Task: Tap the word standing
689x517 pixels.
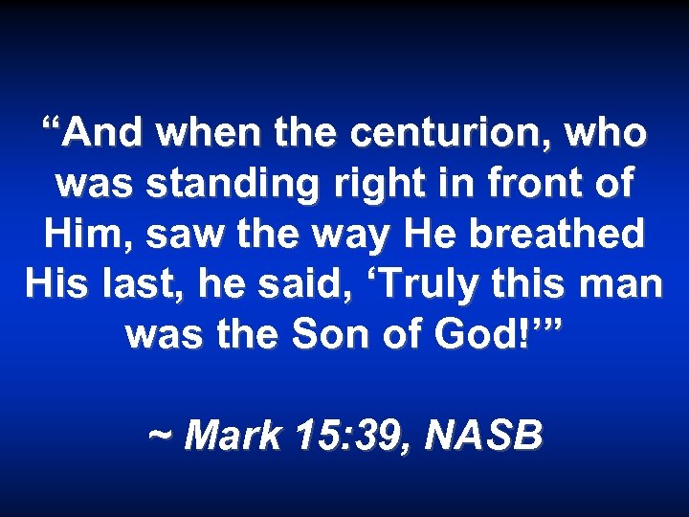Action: tap(191, 184)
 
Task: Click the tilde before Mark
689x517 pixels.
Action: tap(160, 438)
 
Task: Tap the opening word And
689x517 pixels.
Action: tap(96, 134)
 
